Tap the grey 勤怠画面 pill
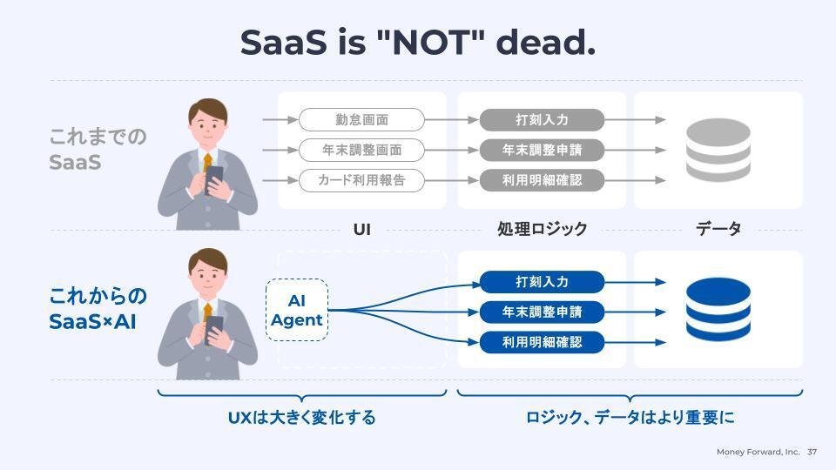361,120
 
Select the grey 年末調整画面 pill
361,151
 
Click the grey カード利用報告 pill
361,181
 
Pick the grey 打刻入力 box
542,120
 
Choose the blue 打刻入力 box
542,282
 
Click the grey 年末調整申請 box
542,151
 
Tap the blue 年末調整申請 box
542,312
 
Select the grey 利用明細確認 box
542,181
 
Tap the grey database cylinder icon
718,151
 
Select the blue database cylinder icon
718,310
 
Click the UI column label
362,230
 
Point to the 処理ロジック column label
543,229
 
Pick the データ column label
718,229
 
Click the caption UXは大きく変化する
302,417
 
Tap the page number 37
812,452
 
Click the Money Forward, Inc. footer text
758,452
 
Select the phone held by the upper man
214,179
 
